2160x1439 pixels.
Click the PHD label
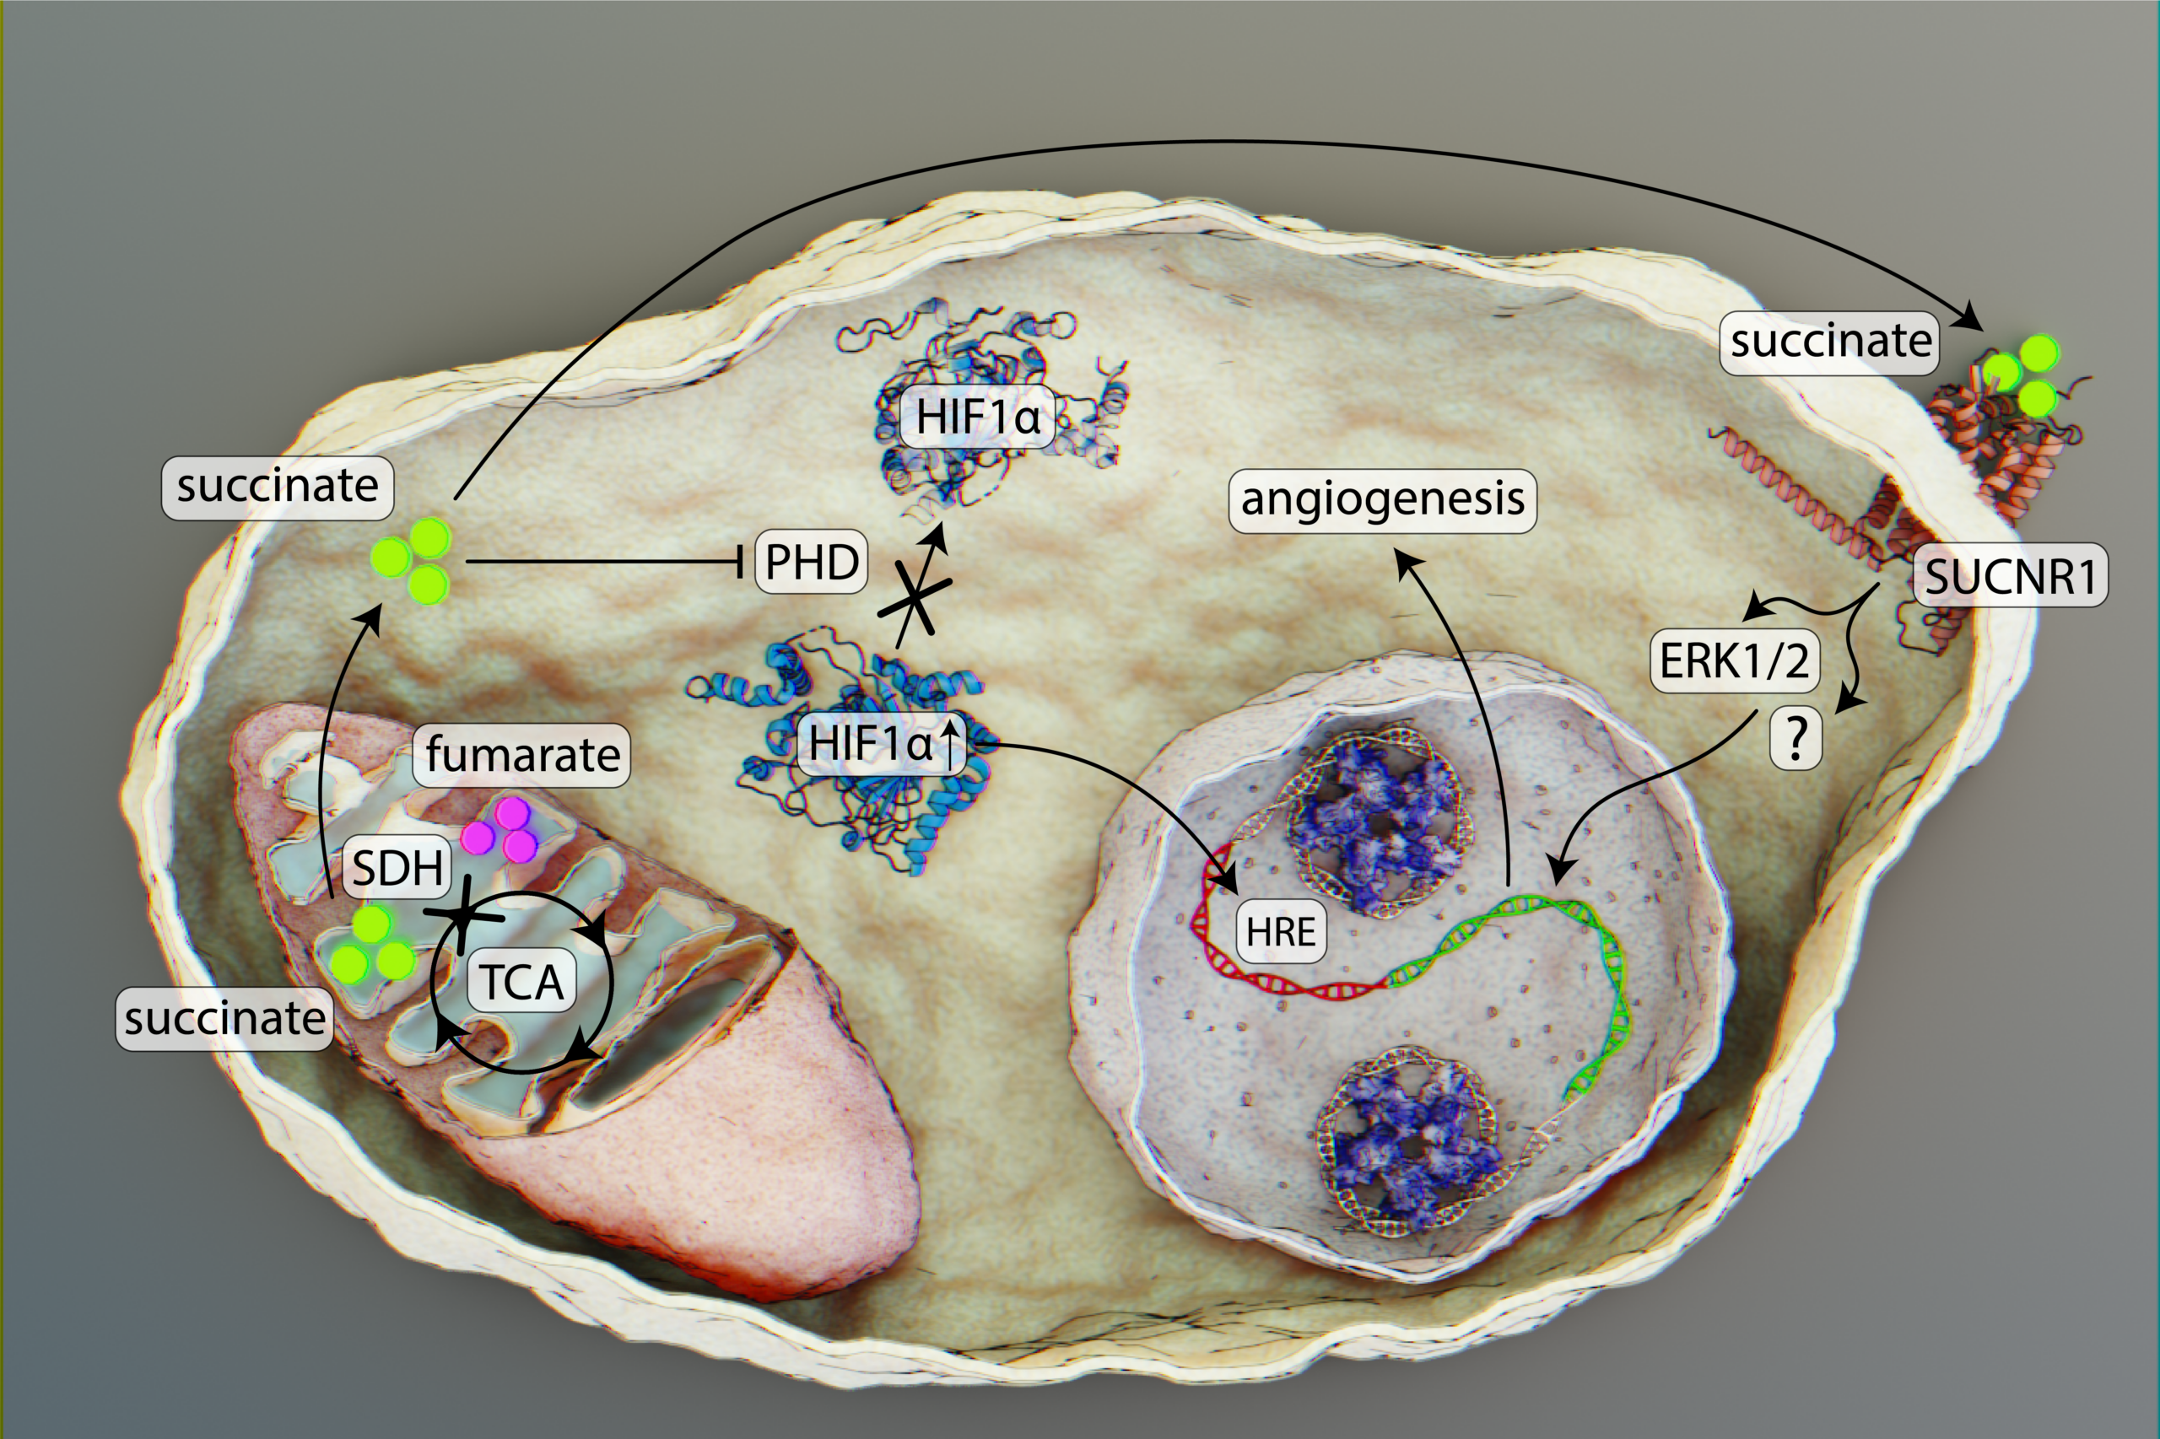(x=812, y=561)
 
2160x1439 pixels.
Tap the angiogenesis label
(x=1382, y=501)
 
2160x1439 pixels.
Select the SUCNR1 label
(x=2011, y=576)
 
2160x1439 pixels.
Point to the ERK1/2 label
(x=1734, y=660)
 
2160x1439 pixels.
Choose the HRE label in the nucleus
(x=1281, y=931)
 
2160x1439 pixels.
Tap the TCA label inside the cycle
(x=522, y=981)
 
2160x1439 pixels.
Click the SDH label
(x=397, y=866)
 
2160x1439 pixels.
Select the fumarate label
(x=521, y=755)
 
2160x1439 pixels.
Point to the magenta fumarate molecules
(x=500, y=830)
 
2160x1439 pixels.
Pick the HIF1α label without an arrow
(x=978, y=417)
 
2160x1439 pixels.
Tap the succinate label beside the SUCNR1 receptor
(x=1829, y=342)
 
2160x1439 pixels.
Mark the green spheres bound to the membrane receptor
(x=2021, y=374)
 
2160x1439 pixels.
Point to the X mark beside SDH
(x=463, y=914)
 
